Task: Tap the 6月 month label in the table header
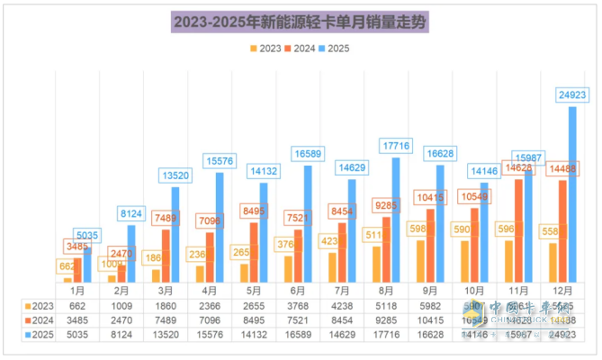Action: [x=299, y=292]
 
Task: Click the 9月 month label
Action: [x=431, y=292]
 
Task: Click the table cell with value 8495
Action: [x=254, y=319]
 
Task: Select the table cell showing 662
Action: [x=77, y=305]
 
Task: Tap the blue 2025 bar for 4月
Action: [x=220, y=227]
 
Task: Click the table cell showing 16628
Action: [x=431, y=335]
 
